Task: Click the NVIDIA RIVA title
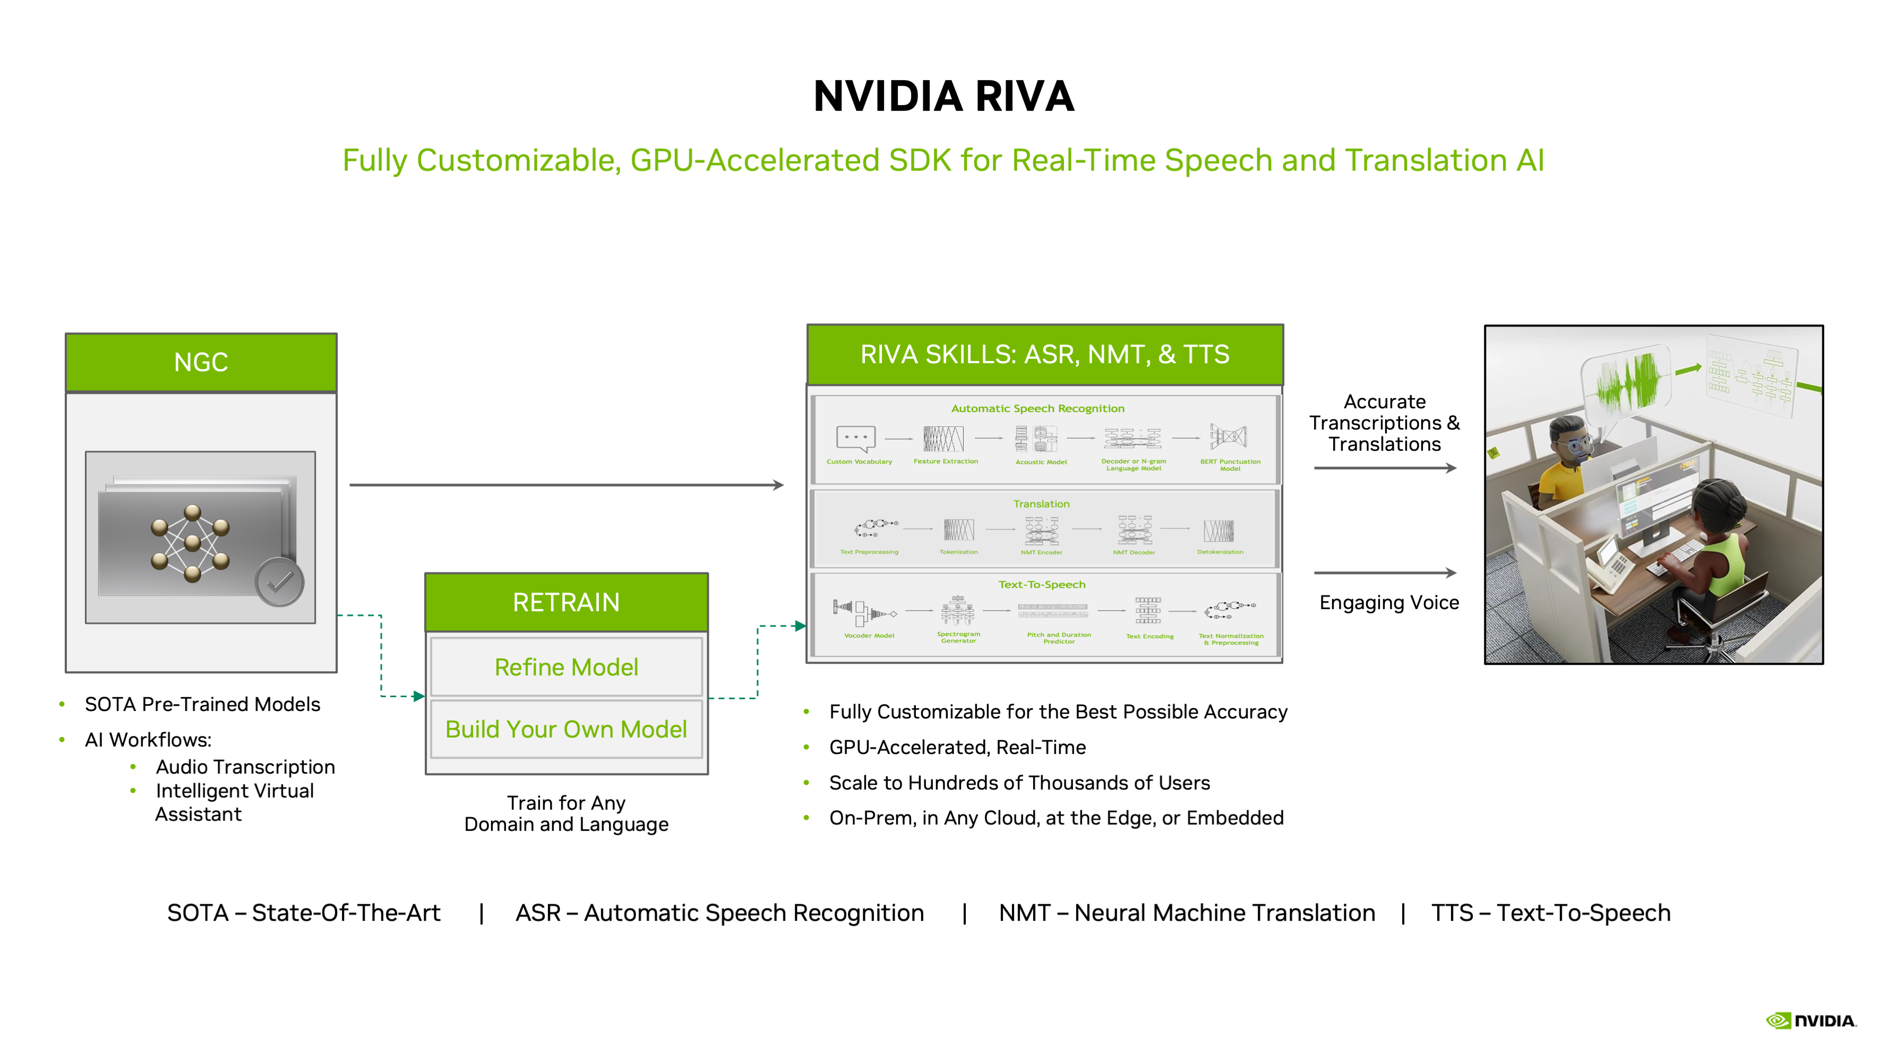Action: coord(943,96)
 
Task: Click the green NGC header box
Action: coord(201,362)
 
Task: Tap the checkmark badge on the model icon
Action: coord(279,582)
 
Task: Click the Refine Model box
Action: coord(566,667)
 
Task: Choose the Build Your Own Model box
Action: coord(566,729)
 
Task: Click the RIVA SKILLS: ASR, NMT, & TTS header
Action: coord(1044,355)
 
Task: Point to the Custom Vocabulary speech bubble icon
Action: coord(856,438)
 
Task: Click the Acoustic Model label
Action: coord(1041,462)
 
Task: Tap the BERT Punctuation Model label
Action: coord(1230,465)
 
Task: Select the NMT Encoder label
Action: coord(1041,552)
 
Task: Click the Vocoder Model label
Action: coord(869,636)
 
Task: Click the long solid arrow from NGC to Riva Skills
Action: coord(566,484)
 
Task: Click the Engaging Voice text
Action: coord(1389,603)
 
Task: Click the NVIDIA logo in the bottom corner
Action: coord(1810,1020)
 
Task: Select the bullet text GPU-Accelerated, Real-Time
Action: coord(957,747)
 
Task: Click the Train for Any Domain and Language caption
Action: coord(566,813)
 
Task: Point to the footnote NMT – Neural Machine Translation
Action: coord(1187,912)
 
